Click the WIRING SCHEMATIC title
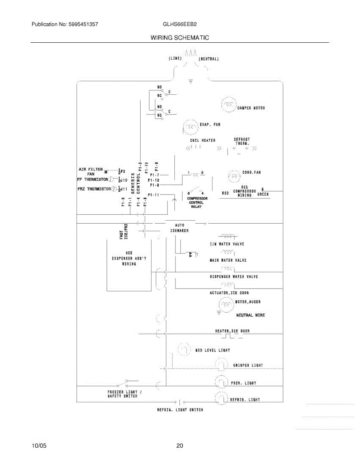click(179, 38)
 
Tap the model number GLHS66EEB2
click(180, 24)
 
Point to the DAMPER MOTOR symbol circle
click(228, 104)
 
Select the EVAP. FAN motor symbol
click(190, 126)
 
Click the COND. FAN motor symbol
click(234, 176)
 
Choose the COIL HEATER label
click(202, 140)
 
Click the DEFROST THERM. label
click(242, 141)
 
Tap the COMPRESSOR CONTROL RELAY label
click(198, 202)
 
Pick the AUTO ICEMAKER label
click(179, 228)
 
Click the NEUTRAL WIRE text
click(250, 315)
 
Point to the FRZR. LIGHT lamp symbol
click(221, 383)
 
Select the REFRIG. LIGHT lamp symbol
click(221, 398)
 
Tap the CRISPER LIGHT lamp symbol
click(221, 365)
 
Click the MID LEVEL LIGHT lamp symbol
click(184, 349)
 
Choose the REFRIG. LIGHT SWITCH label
click(180, 410)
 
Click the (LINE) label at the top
click(176, 59)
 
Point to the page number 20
click(179, 446)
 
